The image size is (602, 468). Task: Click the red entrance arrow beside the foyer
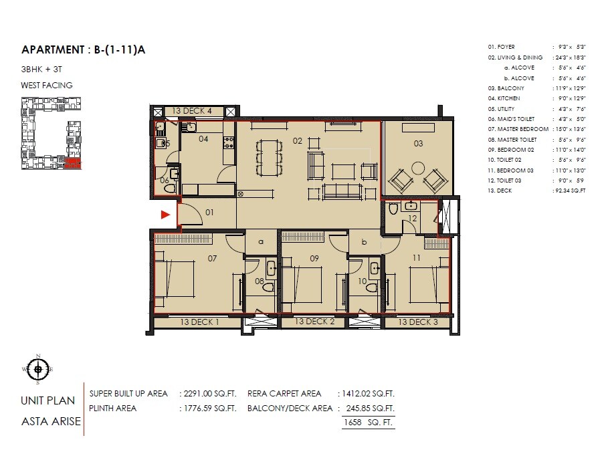click(x=165, y=215)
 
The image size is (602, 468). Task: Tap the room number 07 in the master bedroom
click(x=213, y=258)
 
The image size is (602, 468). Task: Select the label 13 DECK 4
click(x=192, y=111)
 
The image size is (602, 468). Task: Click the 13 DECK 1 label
click(x=200, y=322)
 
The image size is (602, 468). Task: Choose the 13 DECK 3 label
click(x=418, y=322)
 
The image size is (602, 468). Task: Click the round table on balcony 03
click(x=419, y=168)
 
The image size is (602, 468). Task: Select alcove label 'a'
click(x=262, y=241)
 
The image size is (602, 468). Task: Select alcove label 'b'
click(x=364, y=241)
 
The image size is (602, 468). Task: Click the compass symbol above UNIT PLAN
click(x=39, y=369)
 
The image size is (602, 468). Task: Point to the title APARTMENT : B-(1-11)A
click(x=84, y=50)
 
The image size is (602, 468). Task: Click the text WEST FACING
click(x=47, y=86)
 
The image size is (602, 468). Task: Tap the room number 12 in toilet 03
click(x=413, y=219)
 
